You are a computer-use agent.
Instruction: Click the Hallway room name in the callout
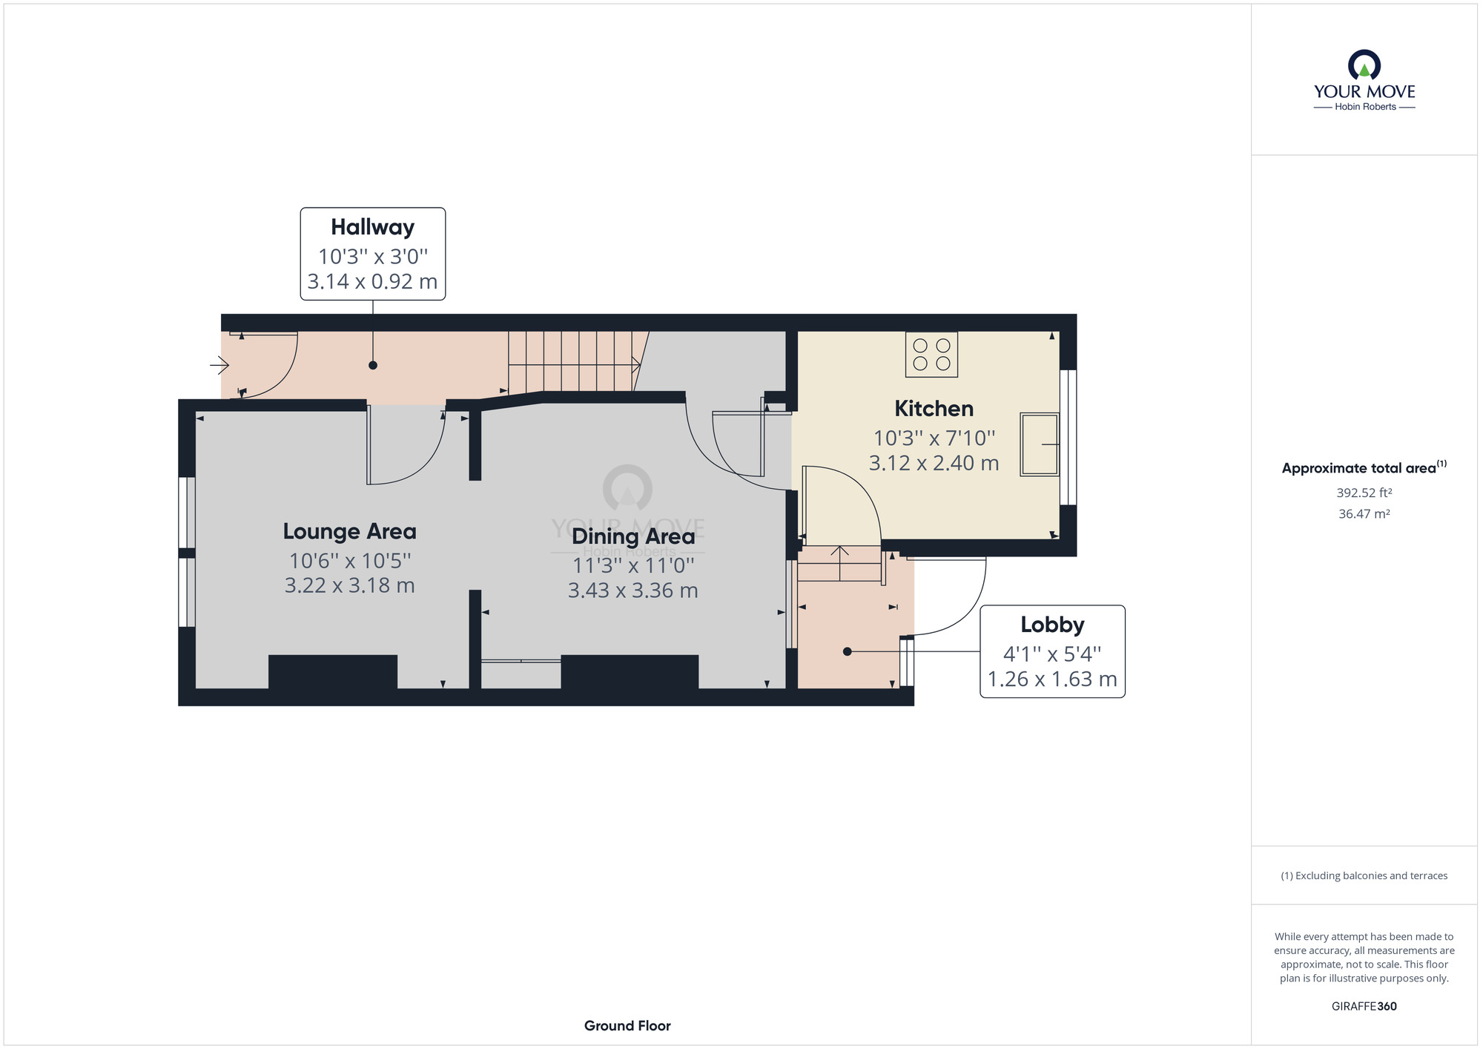[x=372, y=227]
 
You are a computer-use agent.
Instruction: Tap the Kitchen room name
[x=934, y=409]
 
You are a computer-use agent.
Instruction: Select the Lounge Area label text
[x=349, y=531]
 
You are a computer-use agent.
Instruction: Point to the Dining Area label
[x=633, y=536]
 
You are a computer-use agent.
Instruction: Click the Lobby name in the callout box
[x=1052, y=625]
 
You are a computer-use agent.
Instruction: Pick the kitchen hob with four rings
[x=932, y=355]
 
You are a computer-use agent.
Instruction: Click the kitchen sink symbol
[x=1040, y=444]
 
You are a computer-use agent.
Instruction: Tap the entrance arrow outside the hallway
[x=219, y=365]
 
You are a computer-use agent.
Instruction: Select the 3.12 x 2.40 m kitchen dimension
[x=934, y=464]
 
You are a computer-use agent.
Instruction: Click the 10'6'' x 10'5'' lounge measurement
[x=349, y=560]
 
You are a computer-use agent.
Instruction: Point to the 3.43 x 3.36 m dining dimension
[x=633, y=591]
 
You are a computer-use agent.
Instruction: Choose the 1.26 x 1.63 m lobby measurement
[x=1052, y=680]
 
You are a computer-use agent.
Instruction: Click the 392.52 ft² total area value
[x=1364, y=493]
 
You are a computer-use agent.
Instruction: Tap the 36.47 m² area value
[x=1364, y=514]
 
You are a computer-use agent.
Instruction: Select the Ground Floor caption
[x=627, y=1026]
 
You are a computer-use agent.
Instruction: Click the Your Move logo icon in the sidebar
[x=1364, y=65]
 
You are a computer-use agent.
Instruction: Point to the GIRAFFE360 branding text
[x=1364, y=1007]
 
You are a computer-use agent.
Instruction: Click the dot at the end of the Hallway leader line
[x=373, y=365]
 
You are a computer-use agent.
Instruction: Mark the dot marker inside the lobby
[x=848, y=651]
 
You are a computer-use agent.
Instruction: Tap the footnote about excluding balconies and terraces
[x=1364, y=876]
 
